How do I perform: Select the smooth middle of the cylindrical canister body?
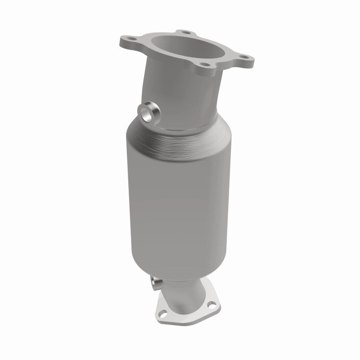[180, 202]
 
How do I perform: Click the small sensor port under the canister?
[156, 284]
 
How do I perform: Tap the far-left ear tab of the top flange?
[125, 42]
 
